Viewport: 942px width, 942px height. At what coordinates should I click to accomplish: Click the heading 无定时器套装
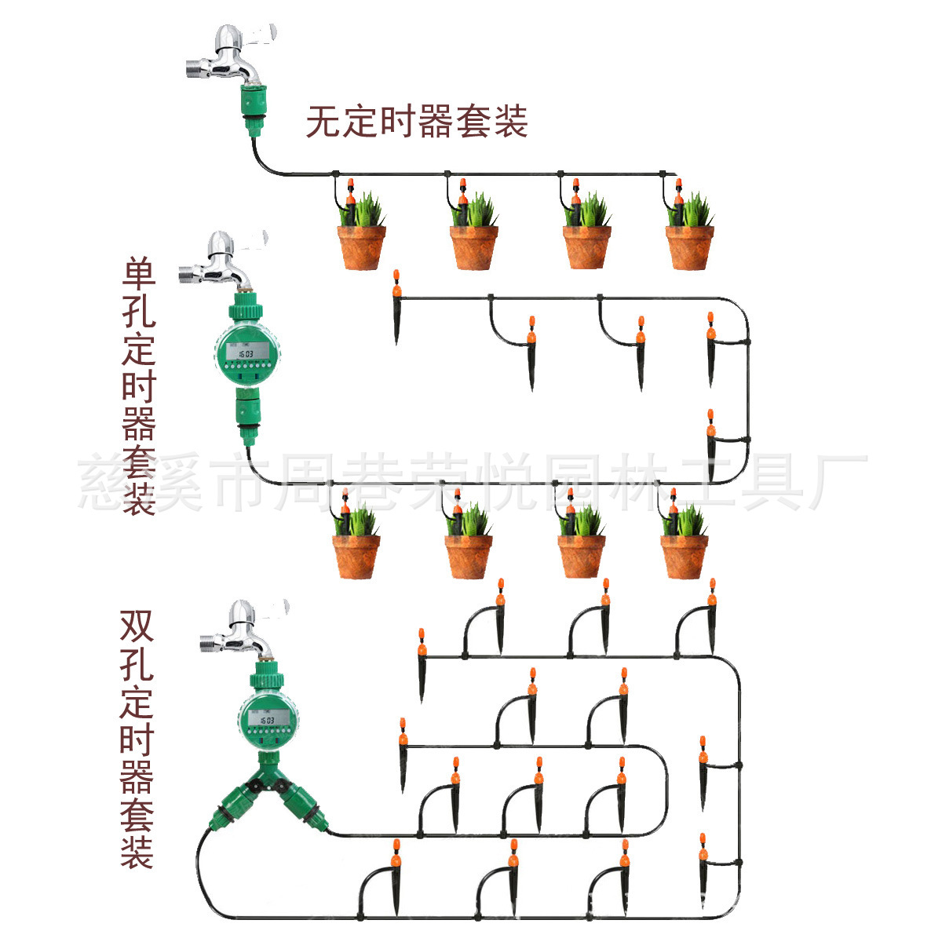pyautogui.click(x=416, y=122)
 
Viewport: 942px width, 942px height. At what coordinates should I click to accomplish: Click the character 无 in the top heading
pyautogui.click(x=323, y=122)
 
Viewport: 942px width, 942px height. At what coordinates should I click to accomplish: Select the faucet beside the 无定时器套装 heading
pyautogui.click(x=228, y=55)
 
